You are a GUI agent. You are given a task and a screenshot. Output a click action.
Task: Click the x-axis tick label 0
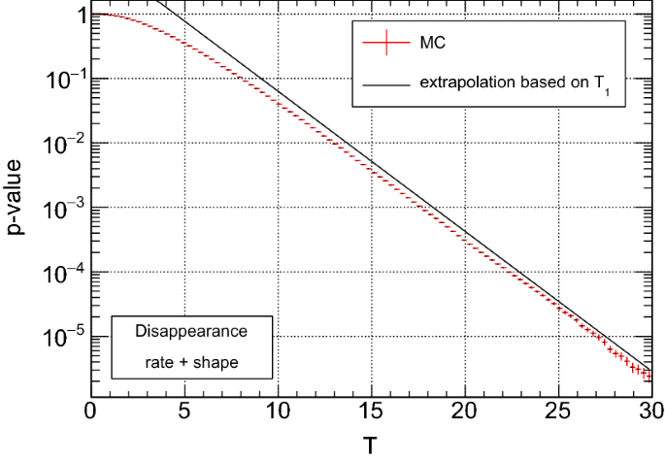coord(91,412)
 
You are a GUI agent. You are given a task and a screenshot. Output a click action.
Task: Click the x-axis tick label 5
coord(184,412)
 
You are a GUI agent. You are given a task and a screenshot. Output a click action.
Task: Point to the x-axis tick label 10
coord(278,412)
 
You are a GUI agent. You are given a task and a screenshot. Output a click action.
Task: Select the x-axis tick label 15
coord(371,412)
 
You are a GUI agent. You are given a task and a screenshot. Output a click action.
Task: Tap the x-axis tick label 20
coord(465,412)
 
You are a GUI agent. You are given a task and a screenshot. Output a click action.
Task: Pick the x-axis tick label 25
coord(558,412)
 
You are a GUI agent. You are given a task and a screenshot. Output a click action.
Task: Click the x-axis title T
coord(371,445)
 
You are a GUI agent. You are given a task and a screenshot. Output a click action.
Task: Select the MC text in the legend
coord(433,44)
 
